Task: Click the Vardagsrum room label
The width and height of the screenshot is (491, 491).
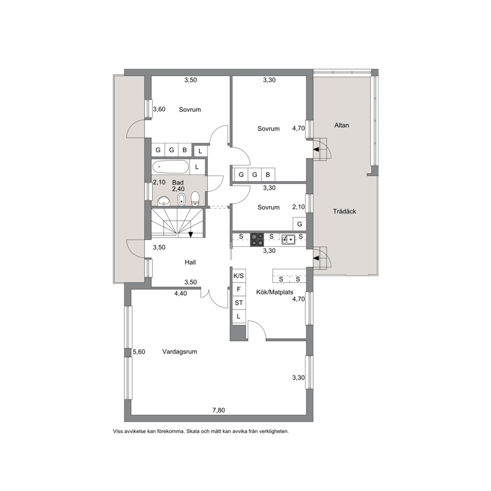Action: [x=180, y=351]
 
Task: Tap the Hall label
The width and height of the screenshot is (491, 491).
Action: [x=190, y=262]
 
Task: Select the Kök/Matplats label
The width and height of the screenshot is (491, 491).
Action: [x=275, y=292]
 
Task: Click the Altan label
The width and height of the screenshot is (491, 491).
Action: [x=342, y=125]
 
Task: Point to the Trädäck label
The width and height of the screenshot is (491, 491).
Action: [x=344, y=211]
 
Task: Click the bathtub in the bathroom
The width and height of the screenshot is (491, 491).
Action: [x=171, y=167]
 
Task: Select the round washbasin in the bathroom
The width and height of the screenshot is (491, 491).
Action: [x=163, y=201]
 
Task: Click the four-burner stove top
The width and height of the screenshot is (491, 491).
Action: [x=257, y=240]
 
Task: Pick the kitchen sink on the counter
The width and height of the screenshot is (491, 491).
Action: [x=288, y=240]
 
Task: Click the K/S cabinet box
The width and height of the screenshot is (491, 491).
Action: [x=239, y=276]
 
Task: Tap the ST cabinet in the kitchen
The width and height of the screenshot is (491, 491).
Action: [x=239, y=303]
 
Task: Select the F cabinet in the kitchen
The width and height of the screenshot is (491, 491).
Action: [x=239, y=290]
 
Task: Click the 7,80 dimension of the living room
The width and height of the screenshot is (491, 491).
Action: [x=219, y=410]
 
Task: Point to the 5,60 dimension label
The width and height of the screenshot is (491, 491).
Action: [x=139, y=352]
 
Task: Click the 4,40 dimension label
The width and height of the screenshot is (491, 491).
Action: [x=180, y=294]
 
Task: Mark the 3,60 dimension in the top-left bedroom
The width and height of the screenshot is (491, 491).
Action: [x=159, y=109]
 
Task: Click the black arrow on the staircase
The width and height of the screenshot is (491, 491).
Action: [x=191, y=235]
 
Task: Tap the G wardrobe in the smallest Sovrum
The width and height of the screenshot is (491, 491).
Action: [x=299, y=224]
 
